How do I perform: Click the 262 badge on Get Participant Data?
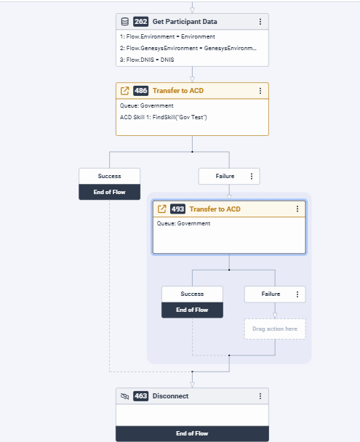[x=140, y=22]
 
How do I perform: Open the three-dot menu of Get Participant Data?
[x=260, y=22]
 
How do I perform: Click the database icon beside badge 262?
[x=125, y=22]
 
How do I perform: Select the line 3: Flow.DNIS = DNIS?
[x=147, y=60]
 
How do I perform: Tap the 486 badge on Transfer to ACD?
[x=140, y=91]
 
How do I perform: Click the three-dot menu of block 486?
[x=260, y=91]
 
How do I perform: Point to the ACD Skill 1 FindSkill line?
[x=163, y=117]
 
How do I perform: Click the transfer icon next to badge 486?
[x=125, y=91]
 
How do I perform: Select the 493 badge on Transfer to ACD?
[x=178, y=209]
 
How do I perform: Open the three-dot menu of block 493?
[x=297, y=209]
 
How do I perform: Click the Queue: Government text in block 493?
[x=183, y=223]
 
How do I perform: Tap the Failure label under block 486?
[x=225, y=176]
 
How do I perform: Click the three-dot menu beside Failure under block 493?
[x=297, y=294]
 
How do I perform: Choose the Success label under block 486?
[x=109, y=176]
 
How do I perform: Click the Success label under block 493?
[x=192, y=294]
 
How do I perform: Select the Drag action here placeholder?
[x=275, y=329]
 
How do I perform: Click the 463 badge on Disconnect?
[x=140, y=396]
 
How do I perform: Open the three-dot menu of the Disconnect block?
[x=260, y=396]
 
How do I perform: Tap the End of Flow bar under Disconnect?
[x=192, y=433]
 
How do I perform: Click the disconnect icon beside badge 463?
[x=125, y=396]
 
